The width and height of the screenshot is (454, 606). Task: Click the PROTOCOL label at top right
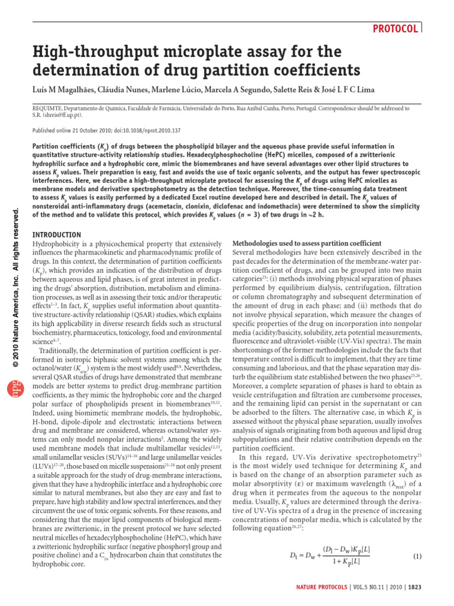(395, 28)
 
